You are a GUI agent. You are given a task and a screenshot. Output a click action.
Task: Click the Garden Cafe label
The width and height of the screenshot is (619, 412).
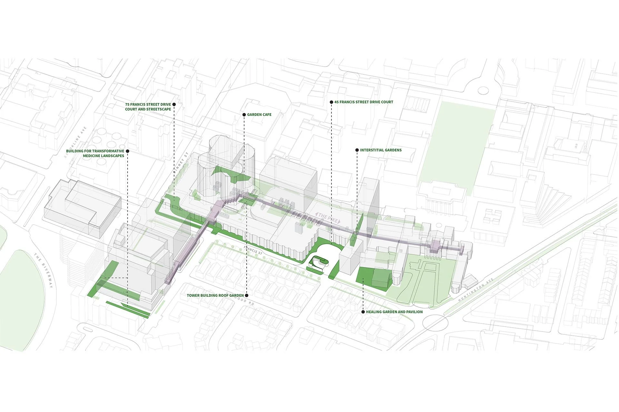[x=259, y=115]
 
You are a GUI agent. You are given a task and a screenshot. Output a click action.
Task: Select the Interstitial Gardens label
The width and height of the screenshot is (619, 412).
[x=381, y=150]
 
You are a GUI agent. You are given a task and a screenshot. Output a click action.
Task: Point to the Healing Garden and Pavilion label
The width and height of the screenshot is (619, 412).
[x=394, y=312]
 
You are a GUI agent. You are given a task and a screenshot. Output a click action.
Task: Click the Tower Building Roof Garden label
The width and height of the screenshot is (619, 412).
[x=215, y=295]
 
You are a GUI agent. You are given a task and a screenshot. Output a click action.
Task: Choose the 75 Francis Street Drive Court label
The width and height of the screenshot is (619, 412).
[x=148, y=107]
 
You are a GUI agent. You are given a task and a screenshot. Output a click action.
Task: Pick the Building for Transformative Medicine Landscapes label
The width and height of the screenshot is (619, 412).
[x=95, y=154]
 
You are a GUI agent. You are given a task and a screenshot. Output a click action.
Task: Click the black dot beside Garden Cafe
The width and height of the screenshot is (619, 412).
[x=244, y=115]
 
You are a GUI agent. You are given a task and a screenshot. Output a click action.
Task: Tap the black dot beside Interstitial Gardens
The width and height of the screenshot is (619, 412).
[x=357, y=150]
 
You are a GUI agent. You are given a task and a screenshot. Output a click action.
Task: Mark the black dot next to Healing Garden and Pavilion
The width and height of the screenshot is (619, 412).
[x=363, y=312]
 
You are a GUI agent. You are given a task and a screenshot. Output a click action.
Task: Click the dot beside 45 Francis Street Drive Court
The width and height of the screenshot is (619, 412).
[x=331, y=102]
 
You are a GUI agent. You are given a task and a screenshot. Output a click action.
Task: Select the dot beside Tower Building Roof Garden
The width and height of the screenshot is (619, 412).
[x=247, y=295]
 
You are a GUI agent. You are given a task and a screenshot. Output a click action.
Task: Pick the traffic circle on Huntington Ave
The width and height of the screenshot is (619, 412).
[x=435, y=323]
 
